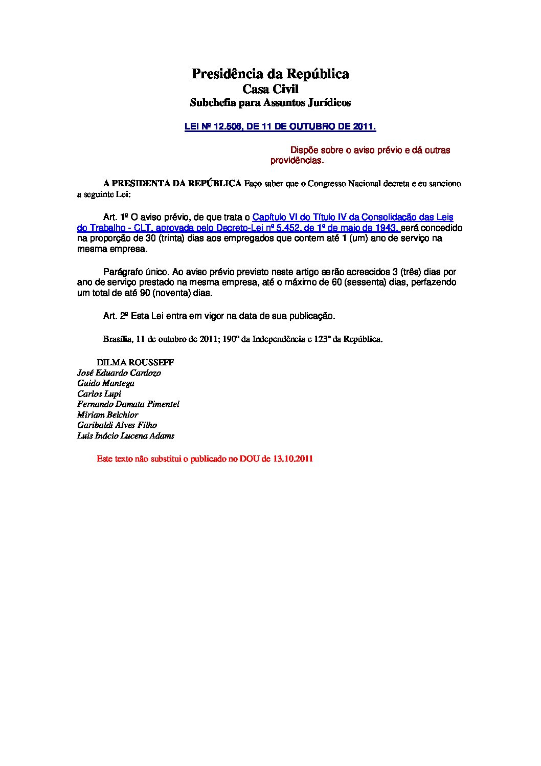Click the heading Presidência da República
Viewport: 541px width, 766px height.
pyautogui.click(x=270, y=74)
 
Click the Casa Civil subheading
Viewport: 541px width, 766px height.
pyautogui.click(x=270, y=89)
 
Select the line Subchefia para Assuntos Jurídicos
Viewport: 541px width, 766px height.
pyautogui.click(x=270, y=103)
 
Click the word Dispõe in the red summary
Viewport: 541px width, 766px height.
pyautogui.click(x=305, y=150)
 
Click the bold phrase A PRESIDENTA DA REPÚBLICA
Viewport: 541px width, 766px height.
pyautogui.click(x=172, y=184)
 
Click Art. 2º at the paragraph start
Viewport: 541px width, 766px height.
pyautogui.click(x=115, y=316)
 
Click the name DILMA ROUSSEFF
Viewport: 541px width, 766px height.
pyautogui.click(x=136, y=362)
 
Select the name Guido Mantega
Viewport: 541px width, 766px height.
pyautogui.click(x=106, y=383)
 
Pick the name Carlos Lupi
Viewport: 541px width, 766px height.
pyautogui.click(x=99, y=394)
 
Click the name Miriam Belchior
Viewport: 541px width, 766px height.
pyautogui.click(x=108, y=415)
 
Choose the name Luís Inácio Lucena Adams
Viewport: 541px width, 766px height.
pyautogui.click(x=126, y=436)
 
